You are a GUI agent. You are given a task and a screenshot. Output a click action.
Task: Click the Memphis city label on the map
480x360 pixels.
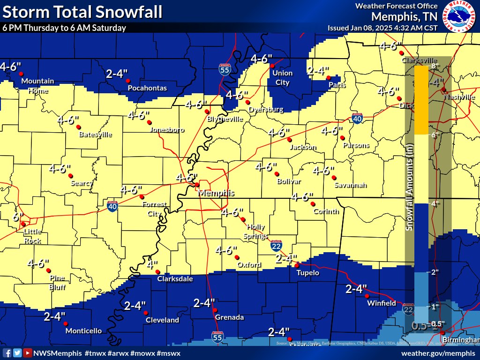(x=216, y=193)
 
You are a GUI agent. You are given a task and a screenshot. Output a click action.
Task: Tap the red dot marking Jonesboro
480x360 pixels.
(x=149, y=122)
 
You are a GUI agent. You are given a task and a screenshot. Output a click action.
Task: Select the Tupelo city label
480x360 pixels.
(x=307, y=273)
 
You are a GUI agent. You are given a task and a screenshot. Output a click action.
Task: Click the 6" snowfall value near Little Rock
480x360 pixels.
(x=18, y=217)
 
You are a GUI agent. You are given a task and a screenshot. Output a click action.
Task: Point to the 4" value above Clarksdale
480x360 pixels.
(x=151, y=264)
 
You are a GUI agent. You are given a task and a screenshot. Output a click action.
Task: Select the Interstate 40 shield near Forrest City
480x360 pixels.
(x=112, y=205)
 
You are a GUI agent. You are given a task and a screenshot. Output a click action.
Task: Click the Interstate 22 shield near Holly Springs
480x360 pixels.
(x=276, y=246)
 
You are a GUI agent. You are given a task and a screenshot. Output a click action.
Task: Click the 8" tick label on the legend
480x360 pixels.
(x=435, y=67)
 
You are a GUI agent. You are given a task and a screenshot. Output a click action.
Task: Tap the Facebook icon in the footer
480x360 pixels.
(x=7, y=352)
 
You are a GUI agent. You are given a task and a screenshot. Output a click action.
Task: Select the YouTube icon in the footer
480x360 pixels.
(x=28, y=352)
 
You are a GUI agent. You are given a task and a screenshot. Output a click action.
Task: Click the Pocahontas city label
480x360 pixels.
(x=147, y=88)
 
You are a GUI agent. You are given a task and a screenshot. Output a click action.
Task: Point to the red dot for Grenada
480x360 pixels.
(x=215, y=310)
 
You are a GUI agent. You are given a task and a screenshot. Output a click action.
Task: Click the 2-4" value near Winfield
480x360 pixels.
(x=356, y=289)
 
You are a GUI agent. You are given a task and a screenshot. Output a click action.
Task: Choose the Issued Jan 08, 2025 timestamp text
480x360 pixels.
(x=382, y=27)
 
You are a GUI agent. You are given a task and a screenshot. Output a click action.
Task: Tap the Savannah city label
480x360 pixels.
(x=350, y=185)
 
